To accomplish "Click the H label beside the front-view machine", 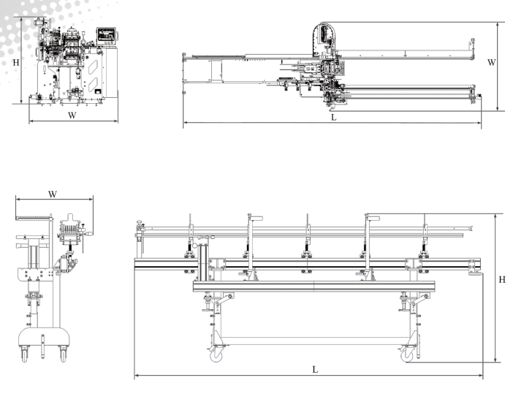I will coord(16,62).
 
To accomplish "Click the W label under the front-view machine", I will coord(72,115).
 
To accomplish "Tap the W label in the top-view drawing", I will coord(492,63).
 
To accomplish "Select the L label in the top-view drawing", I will coord(333,117).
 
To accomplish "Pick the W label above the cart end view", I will coord(53,194).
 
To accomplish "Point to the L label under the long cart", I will coord(315,370).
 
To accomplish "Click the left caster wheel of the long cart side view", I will coord(217,355).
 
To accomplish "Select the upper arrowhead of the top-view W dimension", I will coord(498,23).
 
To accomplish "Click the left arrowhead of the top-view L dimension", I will coord(185,123).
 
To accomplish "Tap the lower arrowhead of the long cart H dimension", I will coord(495,361).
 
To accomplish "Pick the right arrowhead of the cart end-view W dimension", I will coord(92,199).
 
